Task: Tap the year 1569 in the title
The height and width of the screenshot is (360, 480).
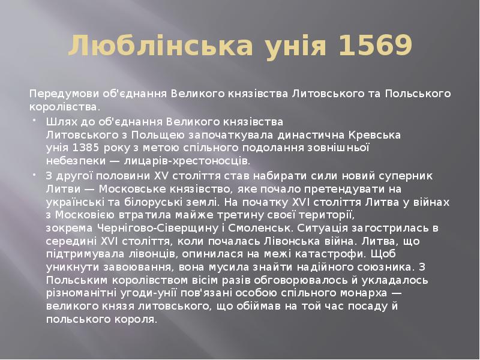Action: coord(376,46)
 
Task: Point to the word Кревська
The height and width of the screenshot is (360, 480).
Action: coord(379,134)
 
